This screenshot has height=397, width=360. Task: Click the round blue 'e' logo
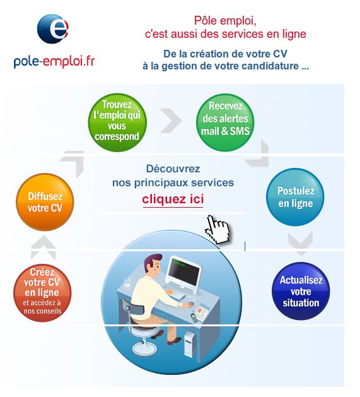pos(52,28)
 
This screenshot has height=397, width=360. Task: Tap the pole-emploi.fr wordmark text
pos(54,61)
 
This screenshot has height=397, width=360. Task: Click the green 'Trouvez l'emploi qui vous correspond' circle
pos(117,122)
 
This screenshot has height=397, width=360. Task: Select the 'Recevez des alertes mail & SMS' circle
pos(225,122)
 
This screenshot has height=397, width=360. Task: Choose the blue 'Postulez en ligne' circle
pos(295,197)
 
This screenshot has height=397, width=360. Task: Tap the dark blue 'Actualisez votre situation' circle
pos(301,291)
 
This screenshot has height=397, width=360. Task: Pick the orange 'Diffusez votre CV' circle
pos(45,202)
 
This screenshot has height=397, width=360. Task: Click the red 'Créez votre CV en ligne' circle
pos(42,293)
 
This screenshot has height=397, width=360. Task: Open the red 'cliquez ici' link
pos(173,199)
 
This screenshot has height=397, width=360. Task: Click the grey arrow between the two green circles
pos(171,121)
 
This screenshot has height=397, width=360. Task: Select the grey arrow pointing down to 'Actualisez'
pos(301,244)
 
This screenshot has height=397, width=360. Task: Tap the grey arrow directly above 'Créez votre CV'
pos(44,247)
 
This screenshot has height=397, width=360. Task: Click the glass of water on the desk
pos(127,283)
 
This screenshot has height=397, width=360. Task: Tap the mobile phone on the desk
pos(194,317)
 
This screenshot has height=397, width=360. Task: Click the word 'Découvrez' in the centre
pos(173,169)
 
